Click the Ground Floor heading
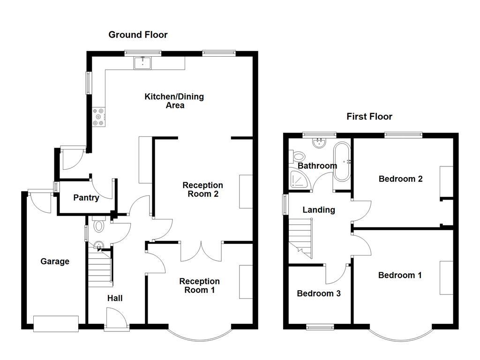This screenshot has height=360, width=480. pos(138,35)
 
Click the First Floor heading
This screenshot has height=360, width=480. pos(369,117)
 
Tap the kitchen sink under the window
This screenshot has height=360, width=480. pos(142,62)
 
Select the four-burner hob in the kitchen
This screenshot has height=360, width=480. pos(99,117)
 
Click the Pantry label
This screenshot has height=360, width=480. pos(86,198)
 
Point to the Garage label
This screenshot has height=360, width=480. pos(55,262)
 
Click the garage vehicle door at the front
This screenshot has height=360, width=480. pos(56,323)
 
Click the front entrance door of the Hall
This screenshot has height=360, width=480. pos(116,320)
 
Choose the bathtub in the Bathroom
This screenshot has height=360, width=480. pos(342,162)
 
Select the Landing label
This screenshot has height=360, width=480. pos(319,210)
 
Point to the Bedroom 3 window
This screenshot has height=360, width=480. pos(321,327)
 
